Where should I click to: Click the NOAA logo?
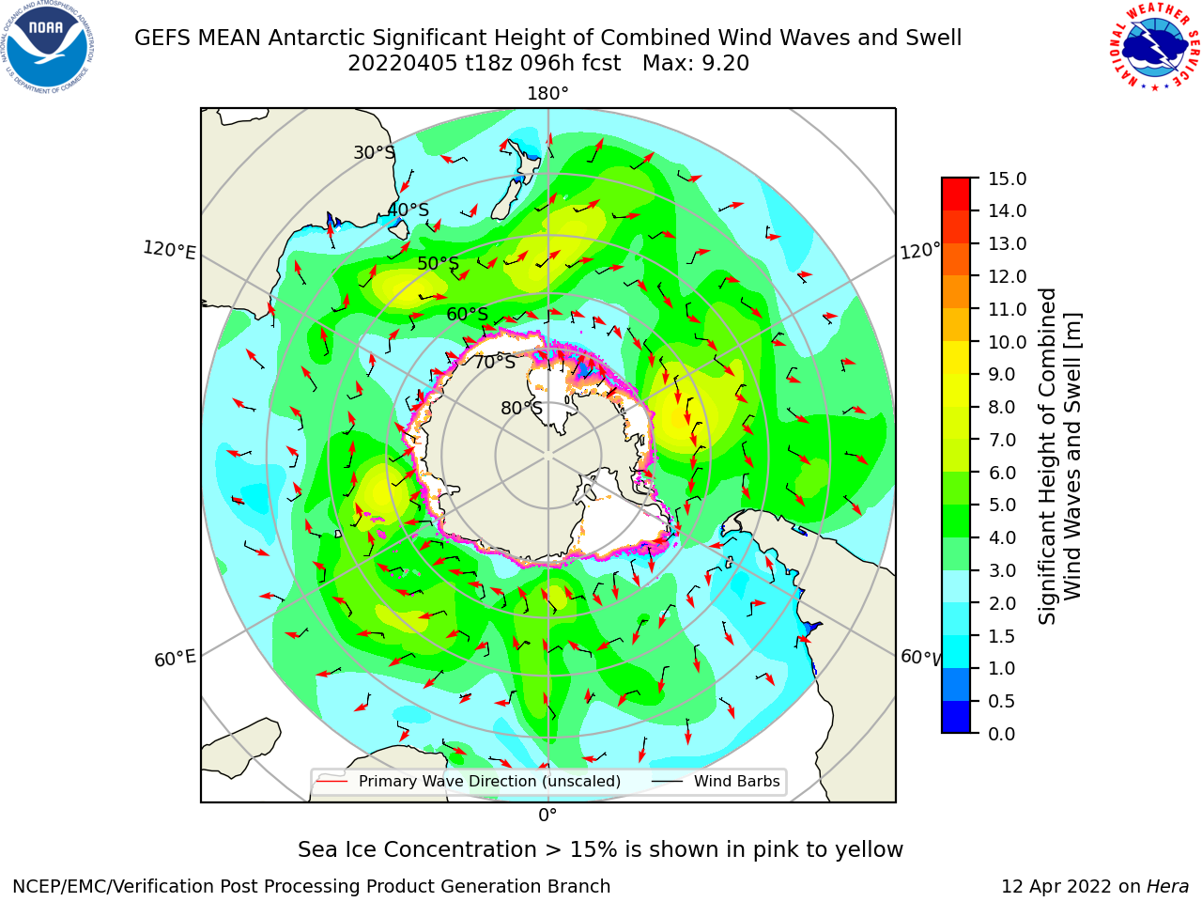tap(47, 47)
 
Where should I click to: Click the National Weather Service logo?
tap(1154, 46)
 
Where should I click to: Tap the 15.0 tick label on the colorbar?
tap(1007, 179)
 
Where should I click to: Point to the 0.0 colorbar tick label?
tap(1001, 734)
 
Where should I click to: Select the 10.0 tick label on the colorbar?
tap(1007, 342)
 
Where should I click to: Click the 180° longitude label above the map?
tap(547, 94)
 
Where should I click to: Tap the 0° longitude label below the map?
tap(547, 816)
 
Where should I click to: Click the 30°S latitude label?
tap(374, 152)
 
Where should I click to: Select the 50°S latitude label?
tap(439, 263)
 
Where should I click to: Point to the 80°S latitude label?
tap(521, 408)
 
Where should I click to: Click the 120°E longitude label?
tap(169, 250)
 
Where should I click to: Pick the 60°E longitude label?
tap(175, 659)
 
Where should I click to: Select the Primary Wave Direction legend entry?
tap(470, 781)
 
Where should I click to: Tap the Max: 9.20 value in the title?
tap(696, 64)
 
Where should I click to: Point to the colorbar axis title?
tap(1060, 456)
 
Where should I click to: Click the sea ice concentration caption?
tap(600, 850)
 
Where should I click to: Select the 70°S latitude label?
tap(495, 362)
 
